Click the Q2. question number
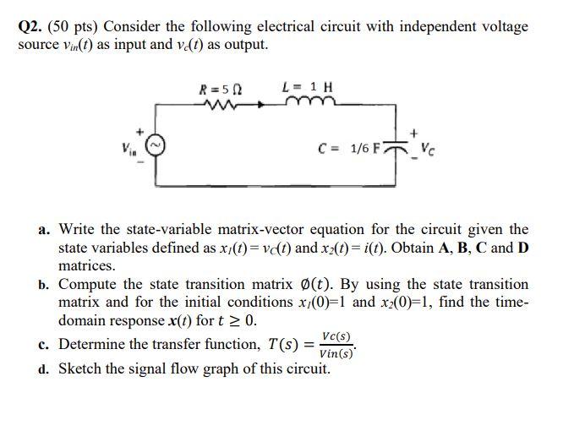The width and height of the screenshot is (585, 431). (30, 26)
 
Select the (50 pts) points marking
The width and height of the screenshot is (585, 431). (75, 26)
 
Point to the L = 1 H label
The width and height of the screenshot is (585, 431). (306, 87)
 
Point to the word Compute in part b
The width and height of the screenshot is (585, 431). (87, 285)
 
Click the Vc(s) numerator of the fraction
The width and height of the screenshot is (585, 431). (336, 336)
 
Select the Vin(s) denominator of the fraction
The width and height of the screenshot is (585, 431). (336, 354)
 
